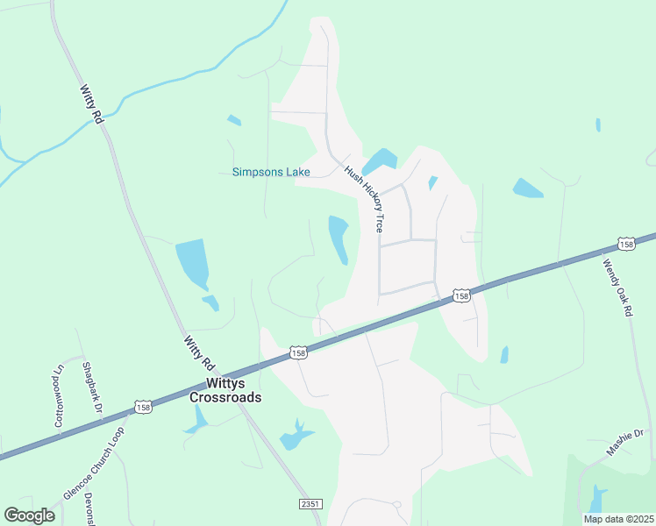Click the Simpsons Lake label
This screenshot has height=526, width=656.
click(271, 172)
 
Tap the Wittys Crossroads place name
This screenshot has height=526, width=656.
click(226, 390)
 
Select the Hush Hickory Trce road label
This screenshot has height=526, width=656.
click(365, 199)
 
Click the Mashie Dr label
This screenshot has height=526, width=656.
click(624, 443)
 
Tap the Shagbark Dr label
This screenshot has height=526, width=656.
click(92, 387)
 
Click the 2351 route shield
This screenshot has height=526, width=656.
click(308, 504)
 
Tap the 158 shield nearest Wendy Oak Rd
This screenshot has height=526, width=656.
click(626, 244)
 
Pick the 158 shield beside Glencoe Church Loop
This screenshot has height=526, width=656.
click(143, 407)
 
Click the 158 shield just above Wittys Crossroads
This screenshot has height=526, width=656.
click(299, 352)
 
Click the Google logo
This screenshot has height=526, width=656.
click(29, 515)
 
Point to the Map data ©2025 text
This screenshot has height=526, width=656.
click(617, 519)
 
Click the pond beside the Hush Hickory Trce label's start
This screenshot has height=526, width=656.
click(379, 160)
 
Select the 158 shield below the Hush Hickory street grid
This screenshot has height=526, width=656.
click(461, 296)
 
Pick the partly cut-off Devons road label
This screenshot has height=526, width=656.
click(89, 509)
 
